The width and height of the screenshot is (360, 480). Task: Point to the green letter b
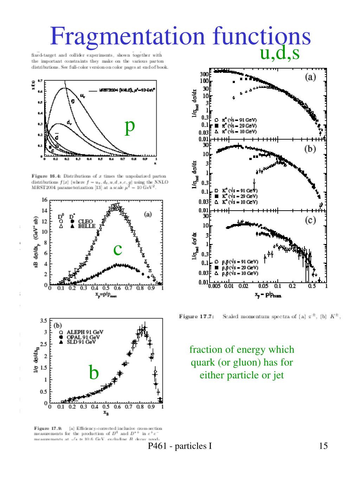tap(94, 372)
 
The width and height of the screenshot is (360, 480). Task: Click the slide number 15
tap(323, 446)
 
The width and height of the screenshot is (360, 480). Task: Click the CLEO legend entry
tap(86, 221)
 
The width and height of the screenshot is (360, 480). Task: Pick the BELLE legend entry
tap(87, 226)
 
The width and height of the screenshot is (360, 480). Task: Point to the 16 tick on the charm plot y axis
tap(45, 200)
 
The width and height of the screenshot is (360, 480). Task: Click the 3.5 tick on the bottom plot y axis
tap(44, 320)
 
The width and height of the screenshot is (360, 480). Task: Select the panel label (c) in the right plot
tap(310, 220)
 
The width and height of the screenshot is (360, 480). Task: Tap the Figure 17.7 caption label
tap(196, 316)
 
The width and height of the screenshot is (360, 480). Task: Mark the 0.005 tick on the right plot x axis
tap(214, 286)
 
